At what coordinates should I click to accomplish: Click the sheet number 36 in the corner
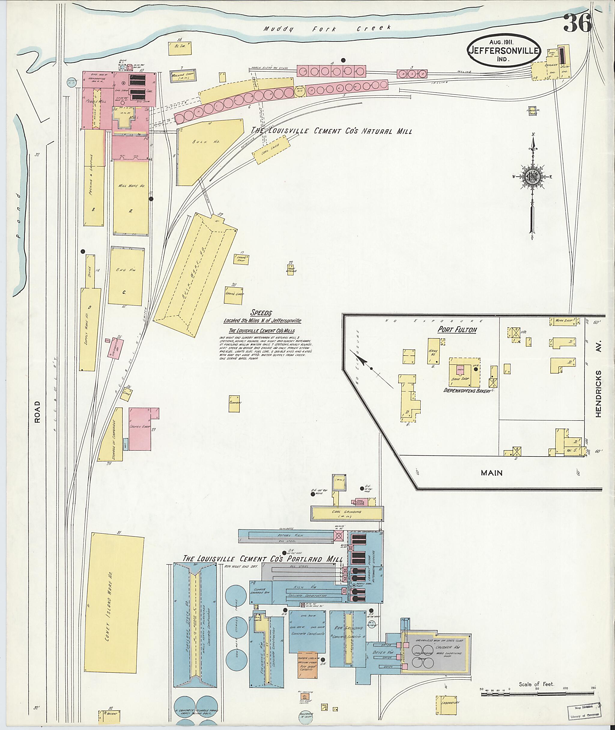click(x=577, y=23)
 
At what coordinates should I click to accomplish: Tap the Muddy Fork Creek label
click(x=327, y=29)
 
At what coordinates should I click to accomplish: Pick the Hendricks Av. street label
click(x=598, y=394)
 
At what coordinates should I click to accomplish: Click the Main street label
click(x=492, y=473)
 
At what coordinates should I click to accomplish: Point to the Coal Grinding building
click(x=347, y=512)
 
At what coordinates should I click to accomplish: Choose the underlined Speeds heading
click(x=261, y=313)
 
